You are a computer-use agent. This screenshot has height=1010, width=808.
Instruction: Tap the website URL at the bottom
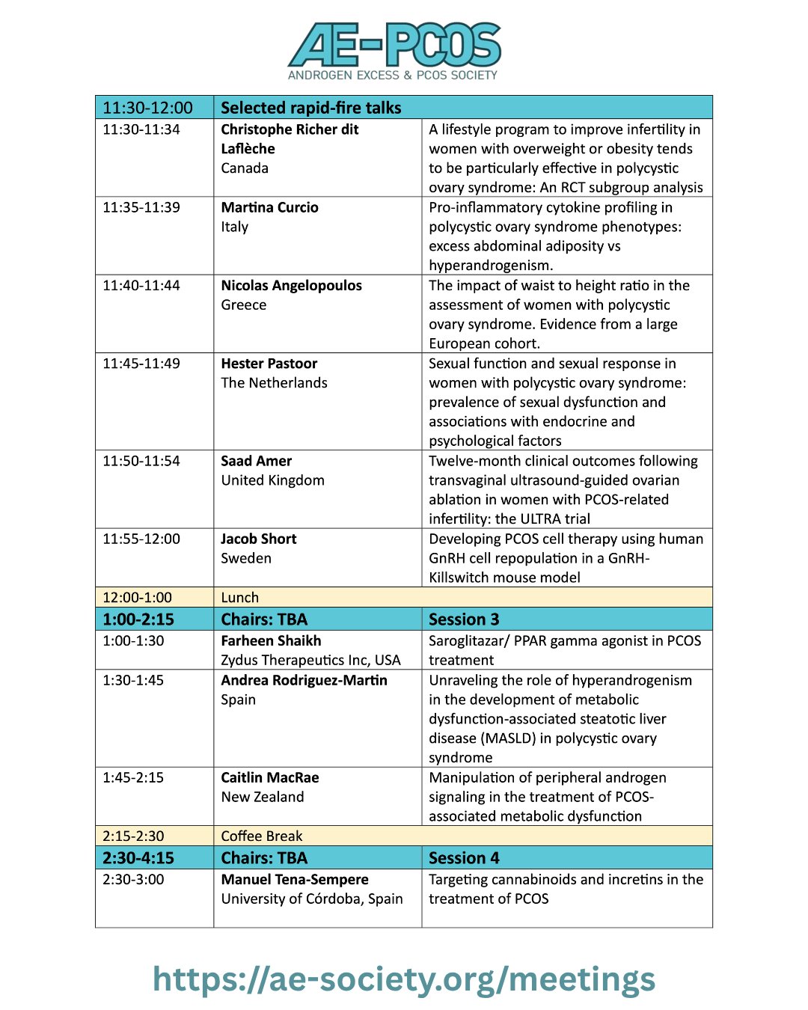point(404,979)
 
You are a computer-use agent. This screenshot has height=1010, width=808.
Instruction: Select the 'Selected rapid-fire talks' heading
point(311,108)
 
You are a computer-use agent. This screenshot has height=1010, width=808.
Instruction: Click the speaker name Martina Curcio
point(269,207)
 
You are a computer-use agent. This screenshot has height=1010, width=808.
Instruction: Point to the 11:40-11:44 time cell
point(141,285)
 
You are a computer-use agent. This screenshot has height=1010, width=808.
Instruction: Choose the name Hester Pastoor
point(269,364)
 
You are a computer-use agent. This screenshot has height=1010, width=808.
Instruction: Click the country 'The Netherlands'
point(274,383)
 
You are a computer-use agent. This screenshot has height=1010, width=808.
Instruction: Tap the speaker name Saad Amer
point(256,461)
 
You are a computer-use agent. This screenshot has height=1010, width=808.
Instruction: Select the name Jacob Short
point(258,539)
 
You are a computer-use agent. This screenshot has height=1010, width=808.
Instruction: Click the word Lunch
point(239,597)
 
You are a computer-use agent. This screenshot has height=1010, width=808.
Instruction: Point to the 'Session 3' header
point(464,619)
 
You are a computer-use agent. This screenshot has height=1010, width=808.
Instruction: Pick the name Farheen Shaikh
point(271,641)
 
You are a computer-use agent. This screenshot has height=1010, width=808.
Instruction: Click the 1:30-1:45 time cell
point(133,680)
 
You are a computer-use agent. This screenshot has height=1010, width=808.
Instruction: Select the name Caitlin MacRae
point(269,777)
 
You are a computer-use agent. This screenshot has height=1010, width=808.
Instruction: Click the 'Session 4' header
point(464,858)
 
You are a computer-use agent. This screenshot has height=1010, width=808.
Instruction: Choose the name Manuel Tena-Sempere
point(295,880)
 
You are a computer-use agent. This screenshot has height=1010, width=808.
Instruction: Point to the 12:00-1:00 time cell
point(137,597)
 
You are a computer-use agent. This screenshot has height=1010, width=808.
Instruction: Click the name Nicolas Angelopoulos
point(291,285)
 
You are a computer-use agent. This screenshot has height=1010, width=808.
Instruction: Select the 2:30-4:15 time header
point(138,858)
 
